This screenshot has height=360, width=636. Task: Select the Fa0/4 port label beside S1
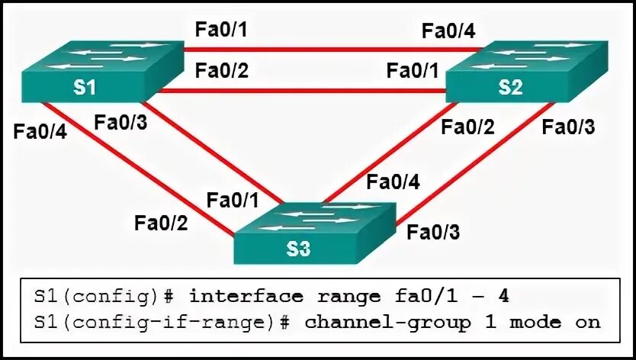tap(40, 130)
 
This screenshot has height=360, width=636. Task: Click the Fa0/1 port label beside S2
tap(412, 71)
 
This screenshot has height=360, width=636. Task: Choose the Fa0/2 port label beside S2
tap(468, 126)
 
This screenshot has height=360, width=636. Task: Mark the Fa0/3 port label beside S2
tap(567, 126)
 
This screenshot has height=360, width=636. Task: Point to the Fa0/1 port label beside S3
tap(232, 201)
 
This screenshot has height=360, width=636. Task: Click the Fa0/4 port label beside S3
tap(393, 182)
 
